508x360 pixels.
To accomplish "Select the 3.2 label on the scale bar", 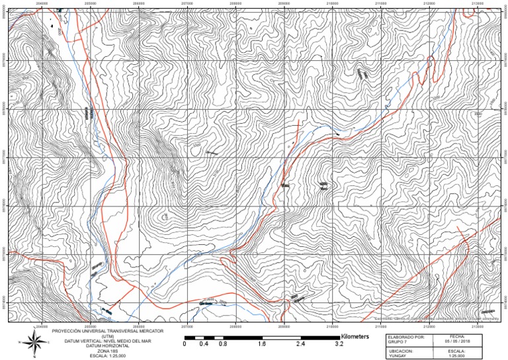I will tap(339, 345).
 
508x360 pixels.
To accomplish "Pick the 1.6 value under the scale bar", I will tap(261, 345).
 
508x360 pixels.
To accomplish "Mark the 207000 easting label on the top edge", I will tap(187, 3).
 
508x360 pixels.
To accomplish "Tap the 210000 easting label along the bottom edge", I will tap(333, 324).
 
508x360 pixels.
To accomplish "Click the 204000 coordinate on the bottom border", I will tap(42, 324).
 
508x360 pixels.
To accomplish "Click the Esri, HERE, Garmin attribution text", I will tap(437, 318).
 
